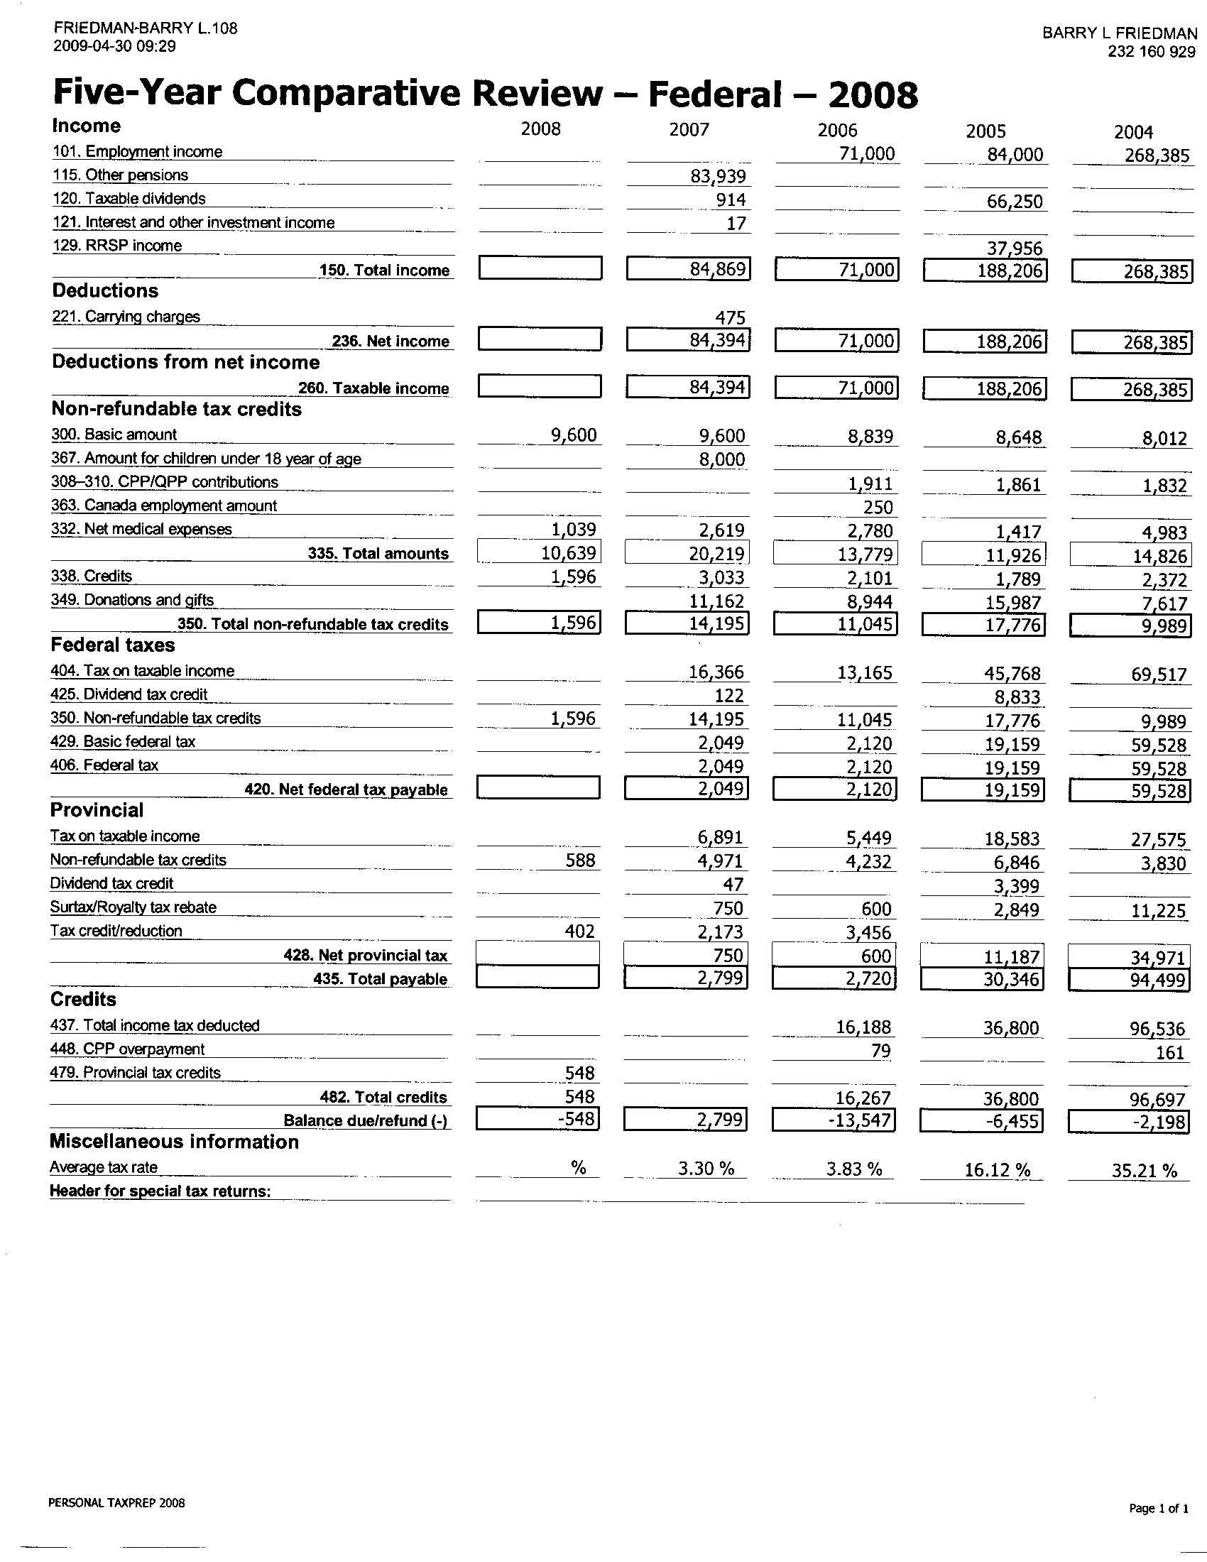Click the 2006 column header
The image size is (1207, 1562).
pos(837,130)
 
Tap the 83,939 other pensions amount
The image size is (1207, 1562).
pos(718,177)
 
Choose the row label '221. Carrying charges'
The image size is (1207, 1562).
pos(126,317)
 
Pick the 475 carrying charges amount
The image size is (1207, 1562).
pos(730,317)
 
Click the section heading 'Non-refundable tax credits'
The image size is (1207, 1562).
pos(177,409)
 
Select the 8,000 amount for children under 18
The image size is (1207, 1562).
pos(721,459)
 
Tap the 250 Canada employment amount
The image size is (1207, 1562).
pos(878,507)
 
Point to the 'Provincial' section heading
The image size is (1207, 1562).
pos(97,810)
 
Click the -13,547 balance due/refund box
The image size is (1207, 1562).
pos(834,1120)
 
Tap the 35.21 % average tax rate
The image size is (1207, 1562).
pos(1144,1170)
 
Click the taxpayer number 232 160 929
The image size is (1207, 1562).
pos(1151,52)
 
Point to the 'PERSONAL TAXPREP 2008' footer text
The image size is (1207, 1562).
pos(116,1502)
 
